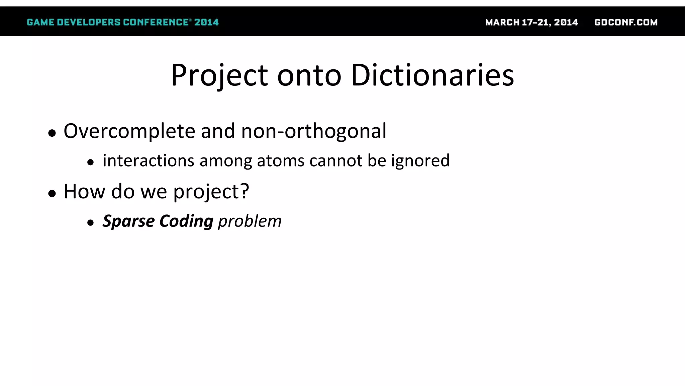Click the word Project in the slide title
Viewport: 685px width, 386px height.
coord(219,75)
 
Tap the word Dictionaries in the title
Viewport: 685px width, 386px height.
coord(432,75)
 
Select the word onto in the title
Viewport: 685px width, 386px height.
coord(309,75)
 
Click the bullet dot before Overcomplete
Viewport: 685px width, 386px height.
coord(52,133)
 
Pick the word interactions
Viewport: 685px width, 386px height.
coord(149,160)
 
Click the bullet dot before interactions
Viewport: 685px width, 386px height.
coord(90,163)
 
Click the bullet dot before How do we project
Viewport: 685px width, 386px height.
coord(52,193)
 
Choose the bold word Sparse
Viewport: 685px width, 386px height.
coord(128,221)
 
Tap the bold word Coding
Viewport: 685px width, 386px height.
coord(186,221)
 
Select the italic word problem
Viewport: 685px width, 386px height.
coord(250,221)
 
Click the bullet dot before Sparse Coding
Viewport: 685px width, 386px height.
coord(90,223)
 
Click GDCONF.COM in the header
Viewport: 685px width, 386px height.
coord(626,22)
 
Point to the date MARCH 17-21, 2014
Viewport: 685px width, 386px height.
coord(531,22)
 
